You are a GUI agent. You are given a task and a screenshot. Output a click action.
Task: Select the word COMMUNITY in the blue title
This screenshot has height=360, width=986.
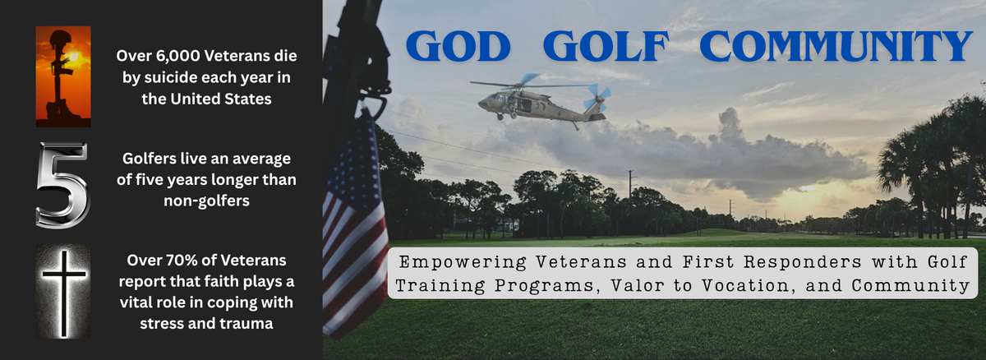[x=835, y=48]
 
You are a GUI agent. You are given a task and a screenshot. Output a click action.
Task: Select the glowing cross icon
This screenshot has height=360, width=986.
[x=63, y=291]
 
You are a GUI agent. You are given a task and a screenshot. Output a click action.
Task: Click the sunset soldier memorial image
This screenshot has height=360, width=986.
[x=63, y=76]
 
